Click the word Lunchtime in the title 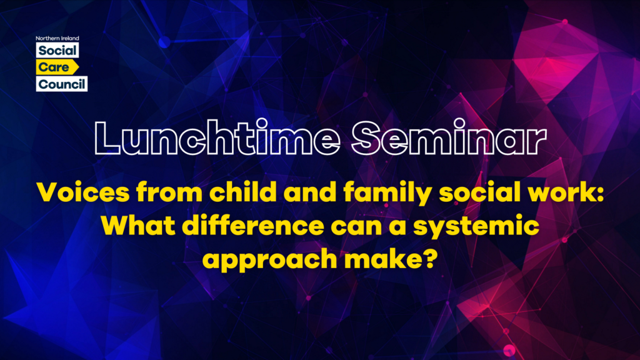point(217,137)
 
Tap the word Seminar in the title point(449,137)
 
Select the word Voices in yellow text point(83,192)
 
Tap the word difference point(253,225)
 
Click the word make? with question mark point(391,258)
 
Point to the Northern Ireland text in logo point(57,38)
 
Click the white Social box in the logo point(57,51)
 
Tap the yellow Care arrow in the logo point(57,67)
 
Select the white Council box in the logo point(62,84)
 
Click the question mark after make point(429,258)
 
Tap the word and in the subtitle point(310,192)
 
